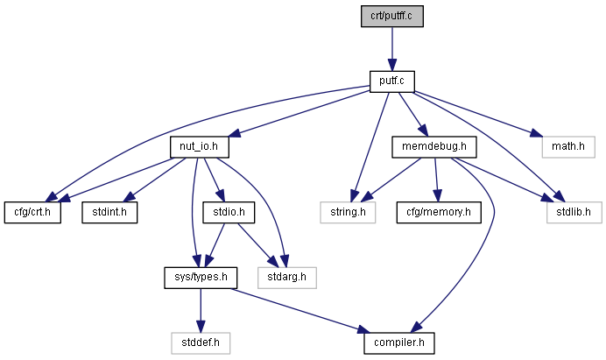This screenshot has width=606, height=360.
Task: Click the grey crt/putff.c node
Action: pyautogui.click(x=391, y=16)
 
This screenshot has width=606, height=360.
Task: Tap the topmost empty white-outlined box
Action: pyautogui.click(x=567, y=147)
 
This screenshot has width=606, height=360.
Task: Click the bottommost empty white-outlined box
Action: pyautogui.click(x=201, y=343)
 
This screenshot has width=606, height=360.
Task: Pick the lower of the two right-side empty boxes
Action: pyautogui.click(x=574, y=213)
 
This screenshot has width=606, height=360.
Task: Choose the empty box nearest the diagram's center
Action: pyautogui.click(x=348, y=213)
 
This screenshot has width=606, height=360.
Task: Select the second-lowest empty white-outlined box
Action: pyautogui.click(x=286, y=278)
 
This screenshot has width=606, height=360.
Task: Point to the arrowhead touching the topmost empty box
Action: pyautogui.click(x=536, y=134)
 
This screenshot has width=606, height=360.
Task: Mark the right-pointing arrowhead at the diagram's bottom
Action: pyautogui.click(x=363, y=329)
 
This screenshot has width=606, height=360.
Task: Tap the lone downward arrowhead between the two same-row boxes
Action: pyautogui.click(x=438, y=196)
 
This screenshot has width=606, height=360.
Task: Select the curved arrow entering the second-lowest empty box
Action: pyautogui.click(x=271, y=201)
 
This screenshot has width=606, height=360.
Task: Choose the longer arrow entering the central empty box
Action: pyautogui.click(x=370, y=140)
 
